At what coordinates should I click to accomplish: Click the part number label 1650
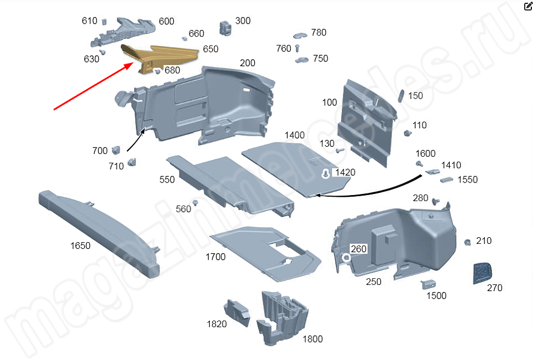point(80,245)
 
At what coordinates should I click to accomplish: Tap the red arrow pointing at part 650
point(94,87)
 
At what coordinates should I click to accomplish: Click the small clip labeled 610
point(105,21)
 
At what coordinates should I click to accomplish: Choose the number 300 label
point(243,21)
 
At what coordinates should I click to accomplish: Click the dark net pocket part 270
point(482,273)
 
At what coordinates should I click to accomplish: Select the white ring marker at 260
point(346,258)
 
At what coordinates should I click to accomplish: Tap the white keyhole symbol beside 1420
point(325,174)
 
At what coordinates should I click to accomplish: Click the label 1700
point(215,256)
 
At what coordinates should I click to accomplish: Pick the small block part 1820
point(237,312)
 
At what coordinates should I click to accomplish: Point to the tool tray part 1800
point(283,317)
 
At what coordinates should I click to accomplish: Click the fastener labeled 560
point(196,203)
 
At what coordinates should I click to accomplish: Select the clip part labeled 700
point(116,150)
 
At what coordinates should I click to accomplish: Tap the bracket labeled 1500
point(428,284)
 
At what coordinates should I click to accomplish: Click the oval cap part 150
point(401,96)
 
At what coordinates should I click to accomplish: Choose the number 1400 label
point(294,135)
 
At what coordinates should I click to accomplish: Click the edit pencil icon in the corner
point(528,6)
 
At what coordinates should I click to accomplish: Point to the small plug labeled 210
point(468,242)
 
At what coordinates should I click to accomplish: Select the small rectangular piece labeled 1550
point(446,180)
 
